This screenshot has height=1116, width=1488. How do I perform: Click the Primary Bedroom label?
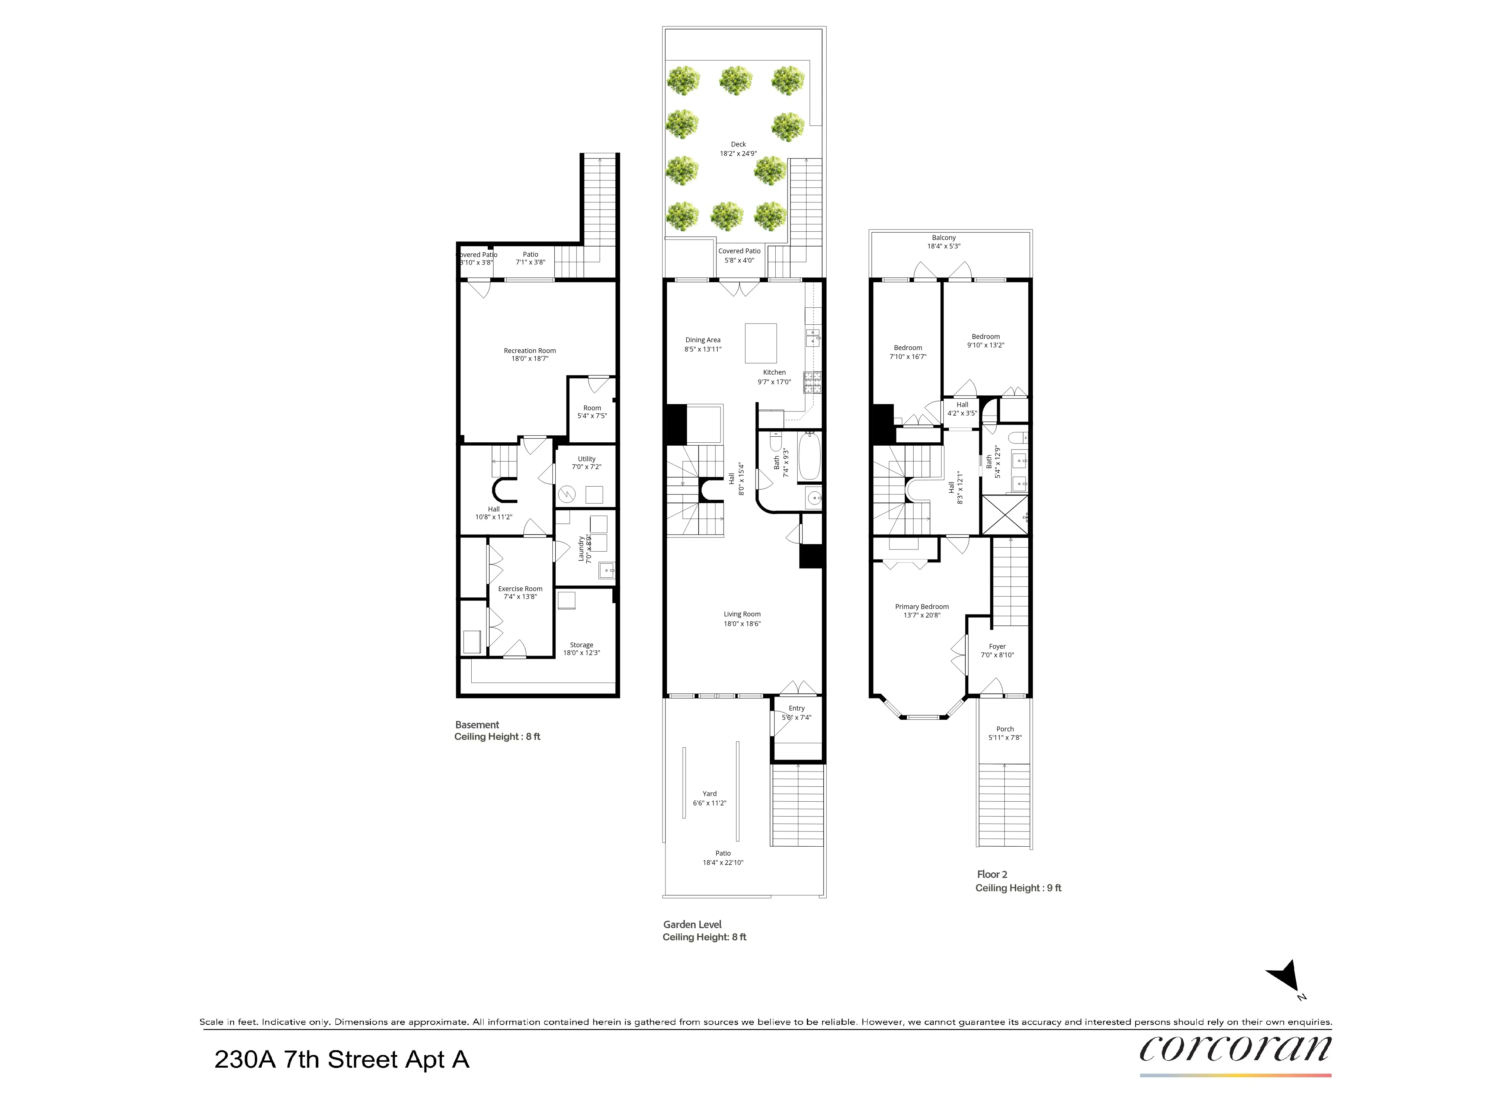coord(921,610)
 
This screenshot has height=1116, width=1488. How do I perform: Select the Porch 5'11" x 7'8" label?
coord(1004,732)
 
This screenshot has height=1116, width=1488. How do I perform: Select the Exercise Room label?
coord(520,592)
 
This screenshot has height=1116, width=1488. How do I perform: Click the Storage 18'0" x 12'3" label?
coord(581,648)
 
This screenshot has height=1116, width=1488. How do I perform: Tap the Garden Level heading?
coord(692,924)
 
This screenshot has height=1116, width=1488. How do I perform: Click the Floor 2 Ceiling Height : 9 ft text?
coord(1018,888)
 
